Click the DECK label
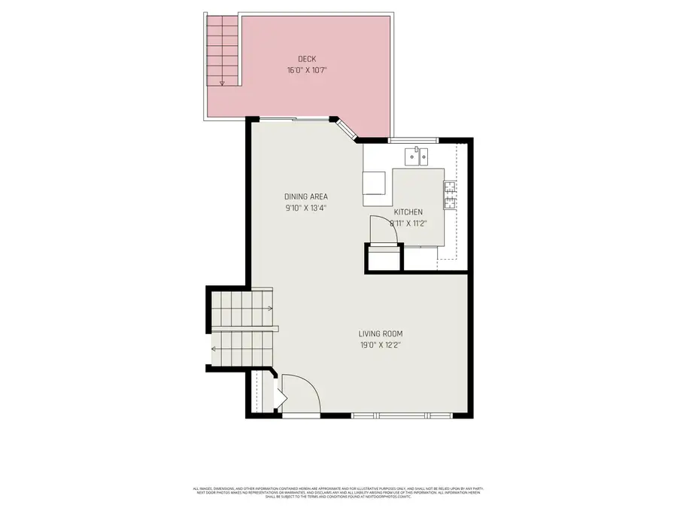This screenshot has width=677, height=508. click(x=306, y=59)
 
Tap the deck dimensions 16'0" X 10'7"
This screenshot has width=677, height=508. click(x=306, y=70)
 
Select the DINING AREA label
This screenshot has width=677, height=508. click(x=305, y=197)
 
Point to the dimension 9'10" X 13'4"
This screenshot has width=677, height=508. click(x=305, y=208)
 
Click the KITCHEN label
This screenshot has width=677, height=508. click(x=408, y=212)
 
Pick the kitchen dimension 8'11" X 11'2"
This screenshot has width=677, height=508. click(x=408, y=223)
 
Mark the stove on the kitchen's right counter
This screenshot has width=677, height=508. click(x=450, y=195)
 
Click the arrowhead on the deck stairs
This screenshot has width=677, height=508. click(x=222, y=84)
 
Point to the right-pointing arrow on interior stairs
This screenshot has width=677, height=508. click(x=269, y=308)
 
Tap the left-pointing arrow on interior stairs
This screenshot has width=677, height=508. click(x=214, y=348)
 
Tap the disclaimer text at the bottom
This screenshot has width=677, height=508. click(x=338, y=492)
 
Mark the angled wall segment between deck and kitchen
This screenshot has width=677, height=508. click(x=346, y=129)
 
